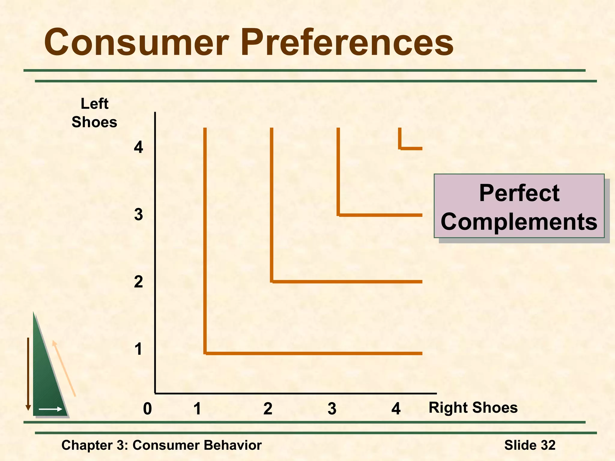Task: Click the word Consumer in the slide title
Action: coord(137,43)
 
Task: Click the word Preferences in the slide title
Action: coord(347,43)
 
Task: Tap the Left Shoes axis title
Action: coord(94,113)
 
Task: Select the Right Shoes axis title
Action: coord(473,408)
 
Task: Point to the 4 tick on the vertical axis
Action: coord(138,147)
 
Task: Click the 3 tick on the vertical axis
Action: coord(138,215)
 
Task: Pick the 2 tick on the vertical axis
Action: coord(138,282)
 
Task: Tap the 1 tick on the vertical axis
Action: coord(138,349)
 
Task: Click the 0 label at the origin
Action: coord(147,409)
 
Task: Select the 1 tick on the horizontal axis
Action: coord(197,409)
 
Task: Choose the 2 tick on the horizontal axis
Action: coord(268,409)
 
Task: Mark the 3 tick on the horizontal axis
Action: coord(332,409)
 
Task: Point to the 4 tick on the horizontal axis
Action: coord(396,409)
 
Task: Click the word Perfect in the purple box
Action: coord(519,193)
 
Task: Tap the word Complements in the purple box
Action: coord(519,222)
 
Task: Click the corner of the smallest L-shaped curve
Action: coord(400,148)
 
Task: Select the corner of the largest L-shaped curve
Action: coord(205,353)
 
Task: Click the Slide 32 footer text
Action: coord(530,445)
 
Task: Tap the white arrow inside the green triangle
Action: coord(50,409)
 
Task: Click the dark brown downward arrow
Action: coord(28,374)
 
